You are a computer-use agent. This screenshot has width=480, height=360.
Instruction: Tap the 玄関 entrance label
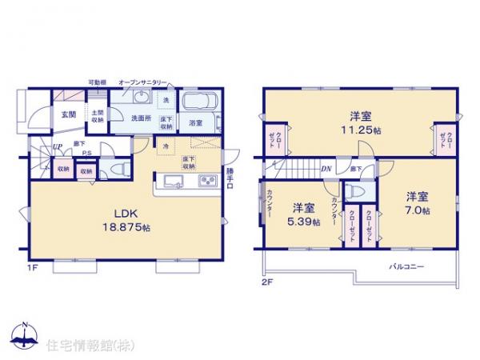[68, 114]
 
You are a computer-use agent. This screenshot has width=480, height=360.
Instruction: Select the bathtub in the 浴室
[197, 103]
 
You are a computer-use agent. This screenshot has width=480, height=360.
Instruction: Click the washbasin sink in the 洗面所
[142, 98]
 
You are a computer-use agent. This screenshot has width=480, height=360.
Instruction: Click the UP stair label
[57, 146]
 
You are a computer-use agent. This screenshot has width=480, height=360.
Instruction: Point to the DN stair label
[326, 169]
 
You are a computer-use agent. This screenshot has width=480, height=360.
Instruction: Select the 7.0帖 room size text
[415, 210]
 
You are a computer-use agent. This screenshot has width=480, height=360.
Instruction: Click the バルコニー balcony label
[407, 266]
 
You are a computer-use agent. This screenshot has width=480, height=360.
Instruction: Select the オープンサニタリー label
[142, 82]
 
